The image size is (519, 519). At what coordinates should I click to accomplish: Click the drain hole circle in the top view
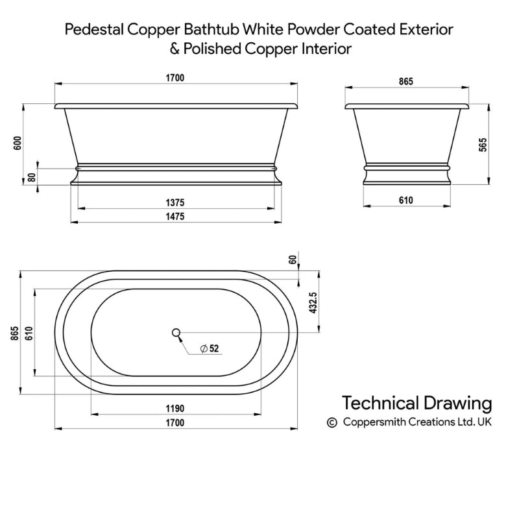coord(176,332)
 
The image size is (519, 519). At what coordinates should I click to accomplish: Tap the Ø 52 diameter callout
coord(210,348)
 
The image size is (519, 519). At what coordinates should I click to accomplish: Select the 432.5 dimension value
coord(313,302)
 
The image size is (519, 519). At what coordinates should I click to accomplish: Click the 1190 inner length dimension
coord(175,409)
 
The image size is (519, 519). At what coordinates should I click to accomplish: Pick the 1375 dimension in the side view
coord(175,202)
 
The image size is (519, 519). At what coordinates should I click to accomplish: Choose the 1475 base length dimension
coord(175,217)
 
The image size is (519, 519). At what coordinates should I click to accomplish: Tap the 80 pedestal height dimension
coord(32,177)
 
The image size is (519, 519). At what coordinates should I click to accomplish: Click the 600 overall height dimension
coord(18,143)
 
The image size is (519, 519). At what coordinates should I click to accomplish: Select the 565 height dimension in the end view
coord(483,145)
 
